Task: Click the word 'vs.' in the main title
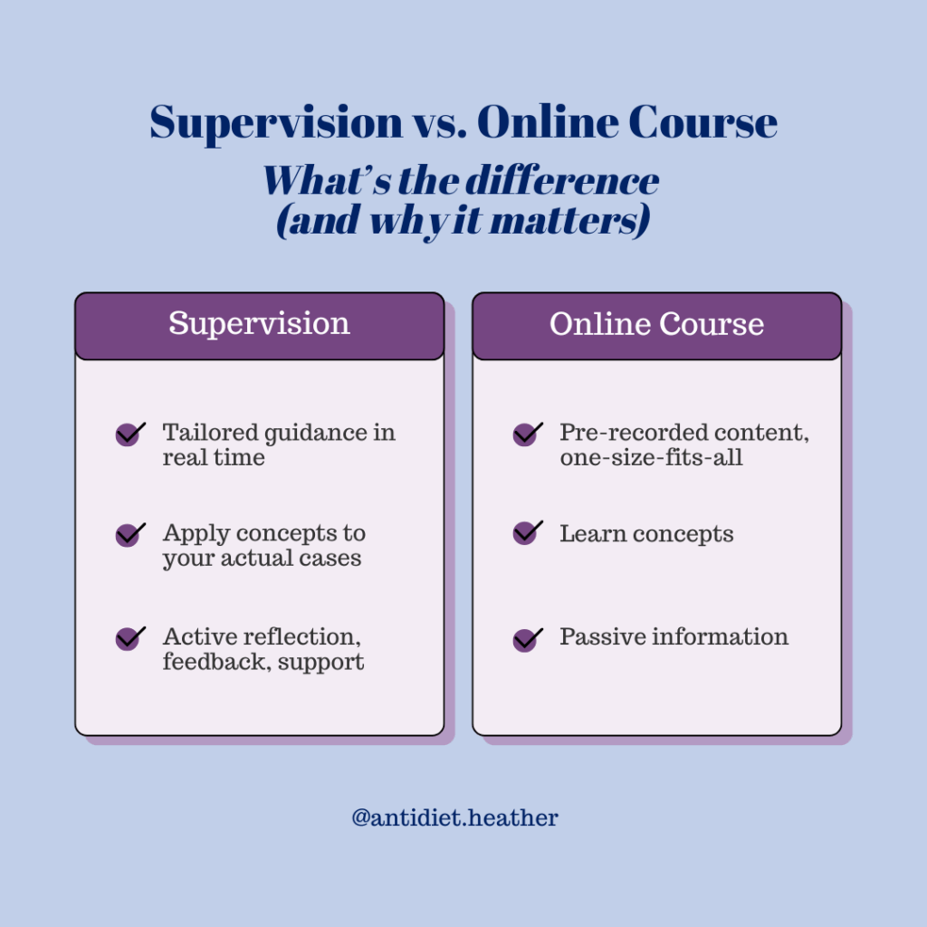[x=441, y=122]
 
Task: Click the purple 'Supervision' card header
[x=259, y=324]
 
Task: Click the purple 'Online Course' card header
[x=656, y=324]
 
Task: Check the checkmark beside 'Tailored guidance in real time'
[x=130, y=435]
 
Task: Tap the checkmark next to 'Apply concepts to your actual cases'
[x=130, y=534]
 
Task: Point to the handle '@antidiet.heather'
[x=455, y=818]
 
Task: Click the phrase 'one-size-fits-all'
[x=651, y=457]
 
